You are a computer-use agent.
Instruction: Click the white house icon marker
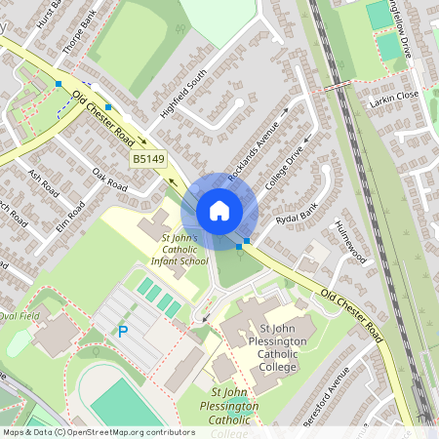click(219, 211)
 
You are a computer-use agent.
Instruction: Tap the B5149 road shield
click(147, 158)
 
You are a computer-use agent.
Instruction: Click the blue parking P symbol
click(123, 332)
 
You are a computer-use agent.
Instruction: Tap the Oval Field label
click(20, 316)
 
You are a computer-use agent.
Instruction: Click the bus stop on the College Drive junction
click(248, 239)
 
